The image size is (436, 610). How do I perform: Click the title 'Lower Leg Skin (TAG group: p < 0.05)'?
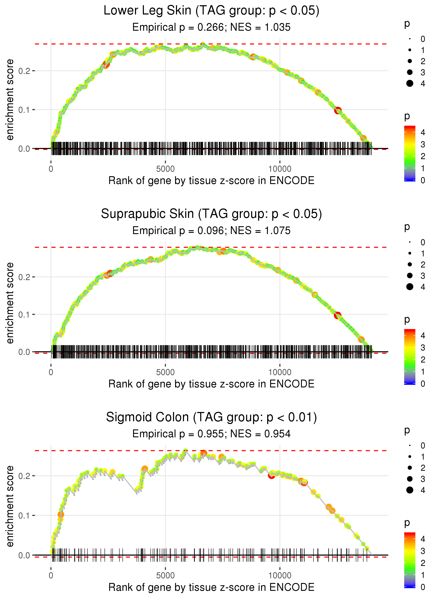211,11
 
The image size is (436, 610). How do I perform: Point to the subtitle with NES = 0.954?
211,434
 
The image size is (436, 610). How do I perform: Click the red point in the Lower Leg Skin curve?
338,110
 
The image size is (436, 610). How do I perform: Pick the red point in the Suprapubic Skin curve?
337,315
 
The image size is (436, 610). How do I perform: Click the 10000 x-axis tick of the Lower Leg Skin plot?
280,169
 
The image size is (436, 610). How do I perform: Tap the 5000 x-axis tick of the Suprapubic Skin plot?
165,372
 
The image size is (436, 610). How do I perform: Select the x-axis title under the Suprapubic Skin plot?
211,384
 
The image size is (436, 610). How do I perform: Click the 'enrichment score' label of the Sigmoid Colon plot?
10,506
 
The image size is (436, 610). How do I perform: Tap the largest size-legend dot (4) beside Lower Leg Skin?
410,83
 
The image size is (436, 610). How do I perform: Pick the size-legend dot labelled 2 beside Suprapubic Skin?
410,265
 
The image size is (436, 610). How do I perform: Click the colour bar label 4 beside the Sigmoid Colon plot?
423,539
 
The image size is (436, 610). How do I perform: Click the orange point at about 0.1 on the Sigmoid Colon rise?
61,514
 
